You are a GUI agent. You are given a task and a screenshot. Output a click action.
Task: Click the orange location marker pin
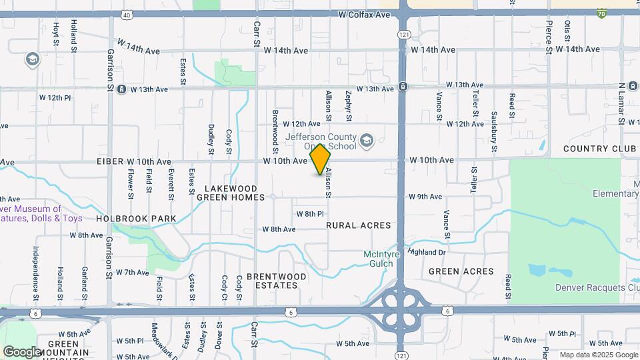pyautogui.click(x=321, y=160)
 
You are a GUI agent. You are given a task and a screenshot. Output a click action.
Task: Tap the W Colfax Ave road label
pyautogui.click(x=363, y=14)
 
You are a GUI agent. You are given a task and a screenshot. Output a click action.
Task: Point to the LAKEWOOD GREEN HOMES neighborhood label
pyautogui.click(x=231, y=193)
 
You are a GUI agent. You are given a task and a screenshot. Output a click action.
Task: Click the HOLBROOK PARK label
pyautogui.click(x=136, y=219)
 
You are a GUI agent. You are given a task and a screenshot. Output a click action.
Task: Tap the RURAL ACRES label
pyautogui.click(x=359, y=225)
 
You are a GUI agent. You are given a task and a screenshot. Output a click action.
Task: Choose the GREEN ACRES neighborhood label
pyautogui.click(x=461, y=271)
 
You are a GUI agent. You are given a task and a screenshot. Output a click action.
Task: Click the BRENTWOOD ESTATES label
pyautogui.click(x=277, y=281)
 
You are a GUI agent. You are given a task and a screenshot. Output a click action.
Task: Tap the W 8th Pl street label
pyautogui.click(x=310, y=214)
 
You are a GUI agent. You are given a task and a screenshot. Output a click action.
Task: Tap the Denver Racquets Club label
pyautogui.click(x=597, y=288)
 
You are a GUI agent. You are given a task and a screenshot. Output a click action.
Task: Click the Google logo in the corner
pyautogui.click(x=22, y=351)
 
